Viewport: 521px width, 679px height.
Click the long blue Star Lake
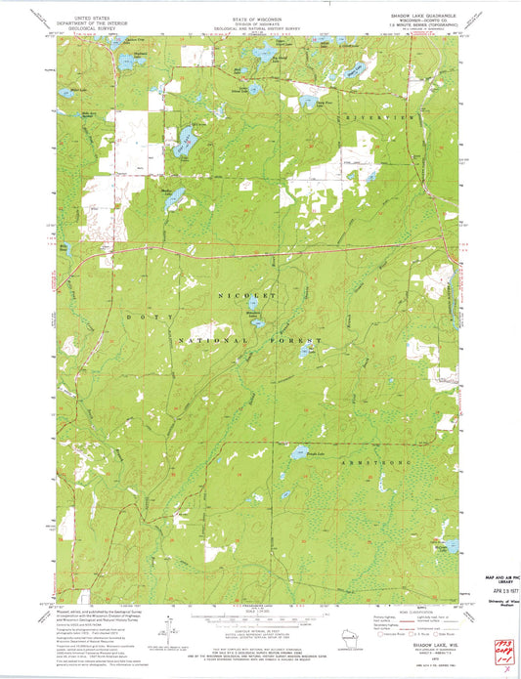tap(183, 138)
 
